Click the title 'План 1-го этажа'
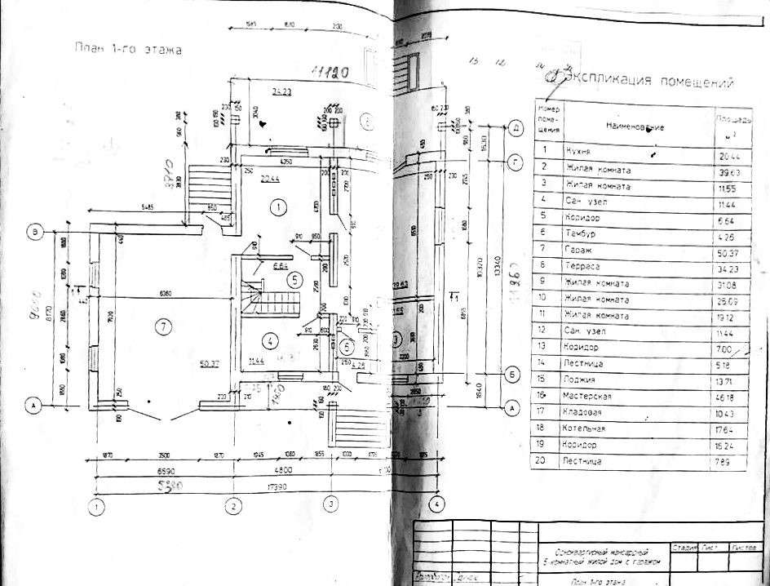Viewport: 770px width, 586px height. coord(126,50)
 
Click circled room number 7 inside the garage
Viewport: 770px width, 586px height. coord(164,328)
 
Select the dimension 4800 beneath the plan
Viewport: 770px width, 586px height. coord(281,471)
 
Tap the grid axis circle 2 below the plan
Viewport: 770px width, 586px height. coord(234,505)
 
